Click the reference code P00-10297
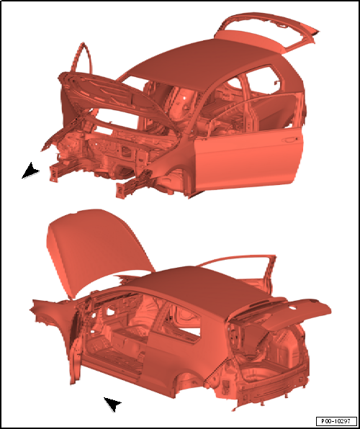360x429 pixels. tap(336, 420)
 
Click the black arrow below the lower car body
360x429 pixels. tap(113, 404)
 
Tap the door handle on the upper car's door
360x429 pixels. tap(289, 140)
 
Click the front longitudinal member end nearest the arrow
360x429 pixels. tap(54, 173)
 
